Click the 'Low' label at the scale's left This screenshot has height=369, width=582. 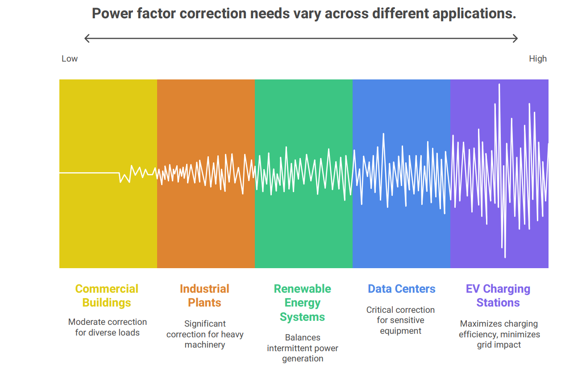[x=69, y=59]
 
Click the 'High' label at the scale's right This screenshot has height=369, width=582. [x=537, y=59]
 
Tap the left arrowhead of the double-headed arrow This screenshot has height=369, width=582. [x=87, y=38]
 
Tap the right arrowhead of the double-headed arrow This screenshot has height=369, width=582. [x=515, y=38]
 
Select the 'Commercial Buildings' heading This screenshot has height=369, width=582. [x=107, y=296]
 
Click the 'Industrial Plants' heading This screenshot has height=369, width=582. [x=204, y=296]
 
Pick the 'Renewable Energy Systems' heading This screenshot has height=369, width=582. [x=302, y=303]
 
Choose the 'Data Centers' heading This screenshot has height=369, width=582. [x=401, y=289]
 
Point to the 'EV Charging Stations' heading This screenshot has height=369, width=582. [x=498, y=296]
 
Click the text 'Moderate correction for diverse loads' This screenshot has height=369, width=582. [x=107, y=327]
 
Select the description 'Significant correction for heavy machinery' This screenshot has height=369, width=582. [x=205, y=334]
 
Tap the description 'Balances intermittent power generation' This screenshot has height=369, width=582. [x=303, y=348]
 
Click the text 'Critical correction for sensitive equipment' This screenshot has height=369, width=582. [x=400, y=320]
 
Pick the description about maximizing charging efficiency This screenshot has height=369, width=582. [x=499, y=334]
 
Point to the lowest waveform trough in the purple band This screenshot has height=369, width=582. [x=505, y=257]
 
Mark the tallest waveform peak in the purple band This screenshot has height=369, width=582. [x=499, y=85]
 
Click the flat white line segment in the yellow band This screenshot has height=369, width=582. [x=89, y=173]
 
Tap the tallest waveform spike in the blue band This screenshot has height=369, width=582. [x=383, y=134]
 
